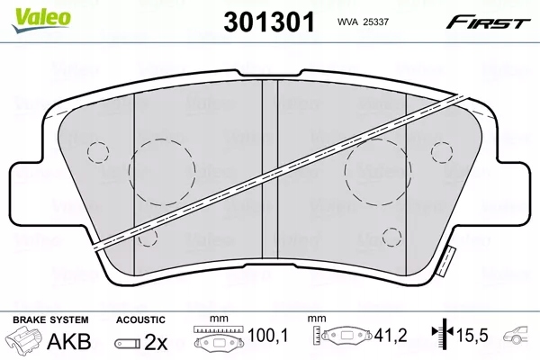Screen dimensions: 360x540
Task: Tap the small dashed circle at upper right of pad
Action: click(442, 150)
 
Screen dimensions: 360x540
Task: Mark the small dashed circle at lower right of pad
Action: click(391, 237)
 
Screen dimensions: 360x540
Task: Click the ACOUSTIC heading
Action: click(141, 320)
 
